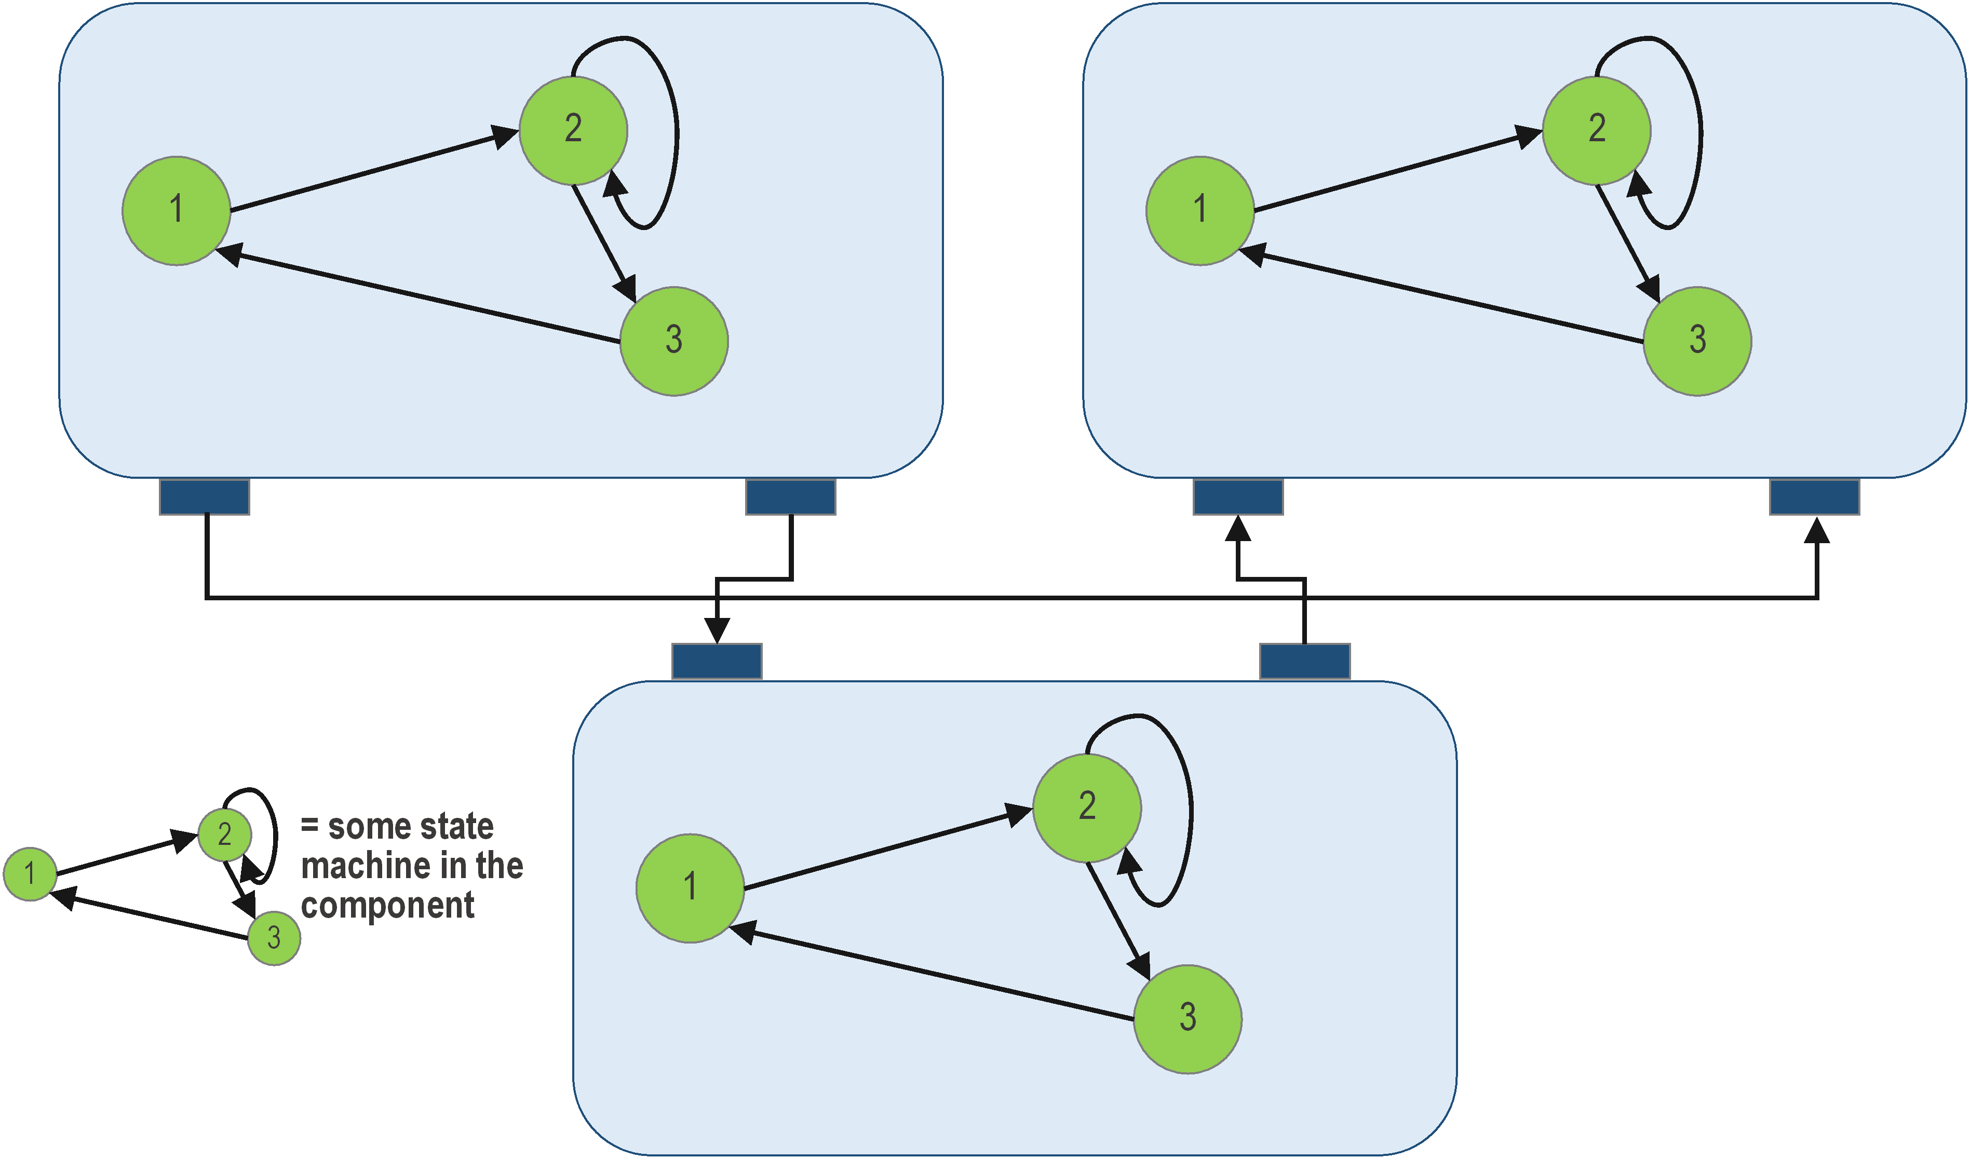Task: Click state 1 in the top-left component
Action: (x=177, y=211)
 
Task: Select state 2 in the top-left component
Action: (x=573, y=130)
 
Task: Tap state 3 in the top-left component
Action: (x=674, y=342)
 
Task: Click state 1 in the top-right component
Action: (x=1200, y=211)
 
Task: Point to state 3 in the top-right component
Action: (x=1697, y=342)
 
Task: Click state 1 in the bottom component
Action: (x=690, y=888)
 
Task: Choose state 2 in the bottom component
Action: (x=1087, y=809)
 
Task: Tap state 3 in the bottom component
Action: (x=1188, y=1019)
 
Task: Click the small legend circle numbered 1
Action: (x=30, y=874)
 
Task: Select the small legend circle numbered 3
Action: (x=274, y=938)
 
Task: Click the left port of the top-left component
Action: (x=205, y=497)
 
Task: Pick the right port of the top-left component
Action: (x=790, y=497)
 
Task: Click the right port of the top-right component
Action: (x=1814, y=497)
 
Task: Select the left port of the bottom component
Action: (x=717, y=662)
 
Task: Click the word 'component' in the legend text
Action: (x=388, y=906)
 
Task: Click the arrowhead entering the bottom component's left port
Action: (x=717, y=631)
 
